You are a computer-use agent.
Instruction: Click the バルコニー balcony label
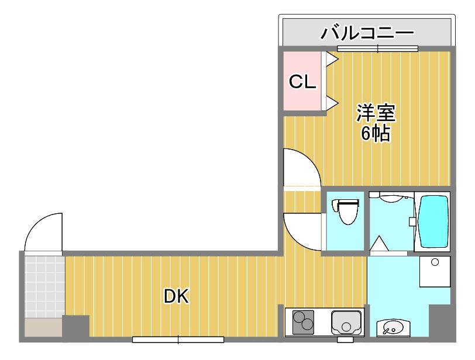pos(367,33)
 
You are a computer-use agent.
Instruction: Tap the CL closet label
pos(302,81)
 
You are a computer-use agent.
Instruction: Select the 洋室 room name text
pos(376,113)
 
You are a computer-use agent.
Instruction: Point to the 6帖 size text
pos(376,133)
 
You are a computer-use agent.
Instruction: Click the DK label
pos(176,296)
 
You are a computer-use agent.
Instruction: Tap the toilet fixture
pos(346,211)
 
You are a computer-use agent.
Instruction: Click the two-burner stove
pos(303,322)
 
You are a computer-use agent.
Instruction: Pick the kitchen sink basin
pos(346,323)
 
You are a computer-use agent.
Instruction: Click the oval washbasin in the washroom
pos(393,328)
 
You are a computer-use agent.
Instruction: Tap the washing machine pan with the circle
pos(435,271)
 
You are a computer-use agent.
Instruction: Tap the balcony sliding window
pos(378,49)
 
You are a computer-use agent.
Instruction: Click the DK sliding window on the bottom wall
pos(178,340)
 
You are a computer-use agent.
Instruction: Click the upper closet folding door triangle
pos(332,59)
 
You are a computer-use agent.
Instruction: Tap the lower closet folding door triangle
pos(332,103)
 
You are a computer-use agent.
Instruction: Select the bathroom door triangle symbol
pos(379,243)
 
